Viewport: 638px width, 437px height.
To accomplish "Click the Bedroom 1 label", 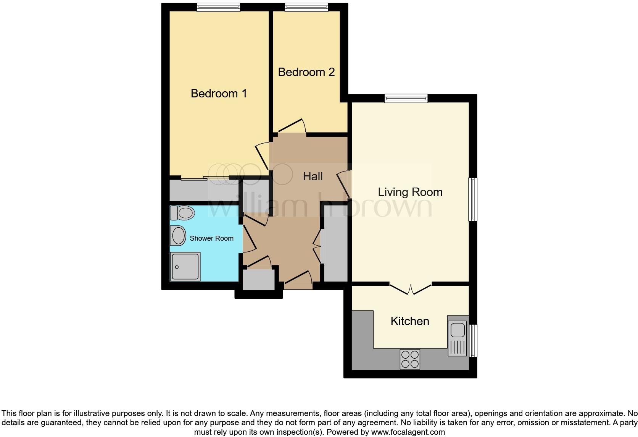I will click(x=219, y=93).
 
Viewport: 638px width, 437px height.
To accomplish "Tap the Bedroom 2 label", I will click(x=306, y=72).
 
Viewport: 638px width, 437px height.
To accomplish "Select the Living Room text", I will click(x=410, y=192).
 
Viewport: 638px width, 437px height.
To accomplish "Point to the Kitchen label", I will click(x=409, y=321).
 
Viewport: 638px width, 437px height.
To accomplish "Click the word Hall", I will click(x=313, y=176).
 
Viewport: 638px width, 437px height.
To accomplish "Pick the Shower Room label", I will click(x=211, y=238).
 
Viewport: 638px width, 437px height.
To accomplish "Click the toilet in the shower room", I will click(x=182, y=213).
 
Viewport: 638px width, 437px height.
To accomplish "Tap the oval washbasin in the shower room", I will click(x=178, y=235).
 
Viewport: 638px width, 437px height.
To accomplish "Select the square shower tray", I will click(x=185, y=266).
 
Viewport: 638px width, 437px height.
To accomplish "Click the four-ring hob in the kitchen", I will click(x=410, y=359).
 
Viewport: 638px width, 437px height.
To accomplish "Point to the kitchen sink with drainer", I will click(x=457, y=336).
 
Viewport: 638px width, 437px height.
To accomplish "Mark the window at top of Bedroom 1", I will click(x=218, y=7).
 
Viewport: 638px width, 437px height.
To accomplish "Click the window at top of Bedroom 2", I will click(x=306, y=7).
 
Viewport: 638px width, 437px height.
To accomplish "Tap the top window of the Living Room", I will click(x=406, y=98).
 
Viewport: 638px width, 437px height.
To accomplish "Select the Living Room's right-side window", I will click(x=473, y=199).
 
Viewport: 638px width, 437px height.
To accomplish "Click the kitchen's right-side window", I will click(x=473, y=340).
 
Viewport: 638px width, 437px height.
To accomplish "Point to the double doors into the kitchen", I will click(x=411, y=289).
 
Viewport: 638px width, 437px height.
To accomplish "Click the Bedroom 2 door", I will click(x=292, y=127).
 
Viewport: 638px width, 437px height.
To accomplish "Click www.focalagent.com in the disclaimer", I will click(x=408, y=432).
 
